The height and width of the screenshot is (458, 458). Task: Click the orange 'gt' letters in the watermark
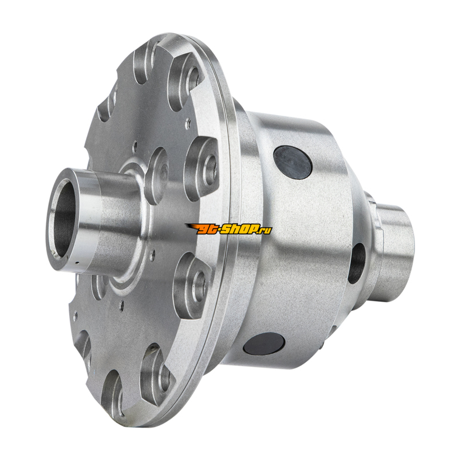tap(207, 230)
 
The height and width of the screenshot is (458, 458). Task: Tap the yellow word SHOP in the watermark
tap(239, 230)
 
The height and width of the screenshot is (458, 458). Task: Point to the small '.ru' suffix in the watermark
tap(265, 231)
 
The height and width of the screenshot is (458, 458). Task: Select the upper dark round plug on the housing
tap(293, 163)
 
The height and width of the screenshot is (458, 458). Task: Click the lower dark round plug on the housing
tap(264, 343)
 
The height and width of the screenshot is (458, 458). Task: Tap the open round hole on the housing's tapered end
tap(357, 263)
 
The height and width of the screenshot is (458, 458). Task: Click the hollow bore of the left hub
tap(64, 220)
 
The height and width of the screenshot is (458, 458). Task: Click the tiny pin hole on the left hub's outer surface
tap(77, 263)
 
